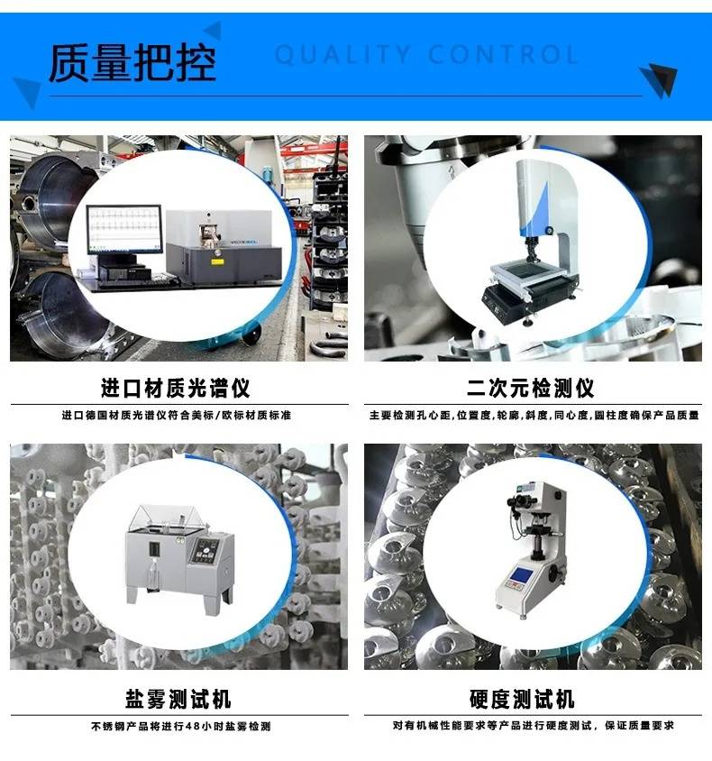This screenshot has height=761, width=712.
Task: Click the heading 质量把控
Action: (x=132, y=62)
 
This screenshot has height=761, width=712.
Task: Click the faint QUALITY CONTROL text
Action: (x=426, y=54)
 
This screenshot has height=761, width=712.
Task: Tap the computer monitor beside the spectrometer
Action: (x=124, y=229)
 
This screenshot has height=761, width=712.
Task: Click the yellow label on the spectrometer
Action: (x=217, y=261)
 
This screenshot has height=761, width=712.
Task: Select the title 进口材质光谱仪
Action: (x=175, y=388)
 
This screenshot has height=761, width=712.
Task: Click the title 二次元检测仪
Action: (x=531, y=388)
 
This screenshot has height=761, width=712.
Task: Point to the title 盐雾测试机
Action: (x=178, y=699)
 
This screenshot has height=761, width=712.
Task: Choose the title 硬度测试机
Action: (x=522, y=699)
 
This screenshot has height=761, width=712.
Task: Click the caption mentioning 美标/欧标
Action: (x=177, y=415)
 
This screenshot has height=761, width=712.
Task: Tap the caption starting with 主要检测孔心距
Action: (x=534, y=415)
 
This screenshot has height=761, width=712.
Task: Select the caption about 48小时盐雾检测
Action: (x=181, y=726)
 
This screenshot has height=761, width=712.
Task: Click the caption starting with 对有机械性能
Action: (x=534, y=726)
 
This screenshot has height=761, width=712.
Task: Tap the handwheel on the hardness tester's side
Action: (x=554, y=575)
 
